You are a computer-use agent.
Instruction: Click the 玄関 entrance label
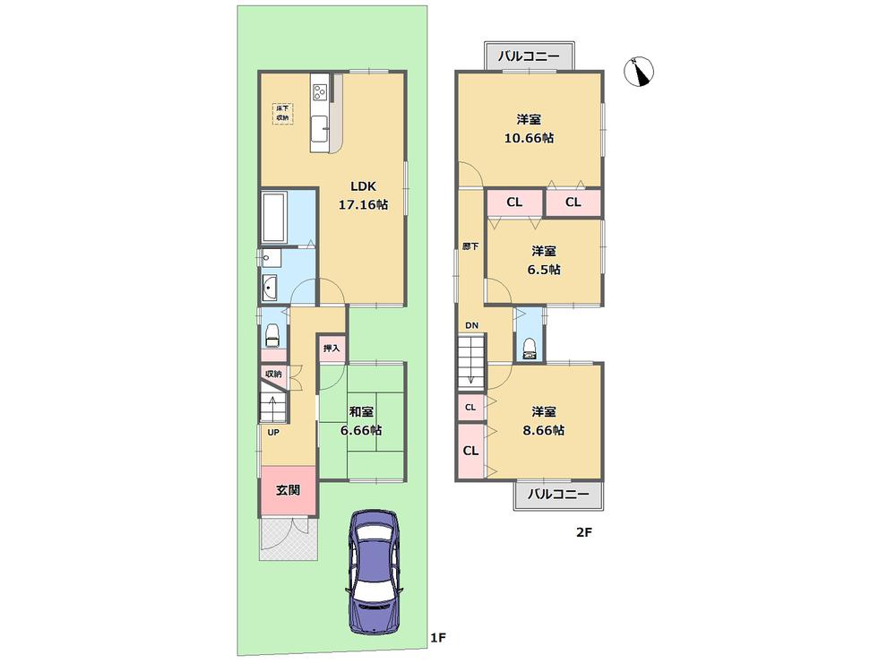click(x=288, y=490)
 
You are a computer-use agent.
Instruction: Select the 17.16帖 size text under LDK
click(x=363, y=205)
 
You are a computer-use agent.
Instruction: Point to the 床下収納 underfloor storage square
click(x=283, y=113)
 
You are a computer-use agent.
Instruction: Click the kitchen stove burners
click(x=320, y=90)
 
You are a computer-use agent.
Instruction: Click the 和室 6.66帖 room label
click(x=361, y=421)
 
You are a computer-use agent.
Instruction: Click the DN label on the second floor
click(x=471, y=325)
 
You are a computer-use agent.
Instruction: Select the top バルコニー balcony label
click(x=529, y=56)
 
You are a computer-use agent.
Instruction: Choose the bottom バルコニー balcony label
click(x=557, y=495)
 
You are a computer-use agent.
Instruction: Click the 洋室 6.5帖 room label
click(x=545, y=260)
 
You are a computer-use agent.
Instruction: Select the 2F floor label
click(x=584, y=532)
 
